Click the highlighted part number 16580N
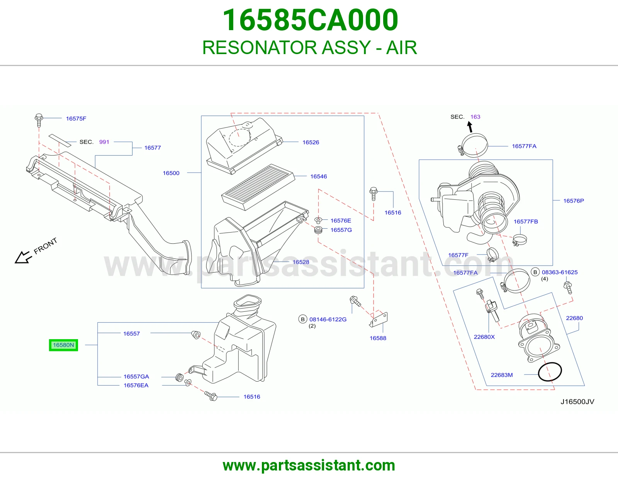click(63, 345)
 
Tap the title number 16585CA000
click(310, 20)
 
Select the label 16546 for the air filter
click(319, 177)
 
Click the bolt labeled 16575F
click(39, 120)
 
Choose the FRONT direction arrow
click(23, 257)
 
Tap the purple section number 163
click(475, 117)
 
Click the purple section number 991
click(104, 142)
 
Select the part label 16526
click(311, 142)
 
